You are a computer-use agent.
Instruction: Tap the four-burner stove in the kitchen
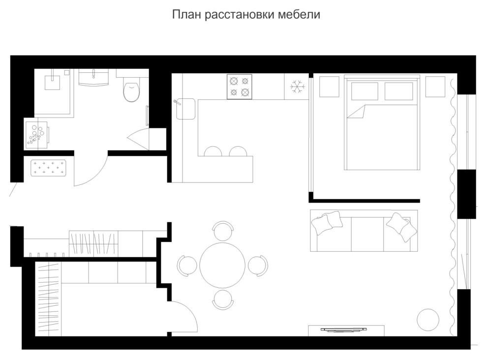click(x=239, y=87)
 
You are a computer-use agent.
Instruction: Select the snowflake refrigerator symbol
click(x=297, y=87)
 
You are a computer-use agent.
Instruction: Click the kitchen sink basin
click(x=187, y=109)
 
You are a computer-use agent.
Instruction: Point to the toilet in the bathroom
click(x=131, y=90)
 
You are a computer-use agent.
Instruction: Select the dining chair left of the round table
click(x=187, y=265)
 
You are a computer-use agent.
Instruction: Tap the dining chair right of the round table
click(x=257, y=265)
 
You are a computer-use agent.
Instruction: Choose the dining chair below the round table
click(x=223, y=299)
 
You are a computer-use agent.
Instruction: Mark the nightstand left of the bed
click(x=329, y=87)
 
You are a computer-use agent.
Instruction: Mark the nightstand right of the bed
click(x=435, y=87)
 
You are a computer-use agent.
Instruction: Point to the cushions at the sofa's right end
click(x=402, y=227)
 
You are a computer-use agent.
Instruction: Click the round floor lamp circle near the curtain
click(x=427, y=319)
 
